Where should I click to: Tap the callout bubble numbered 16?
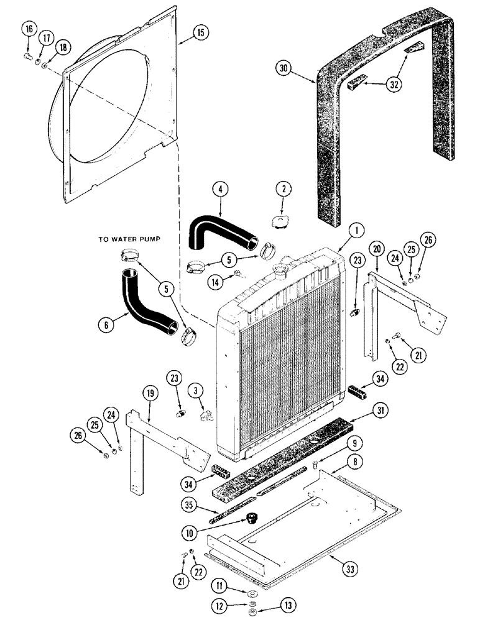[27, 29]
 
